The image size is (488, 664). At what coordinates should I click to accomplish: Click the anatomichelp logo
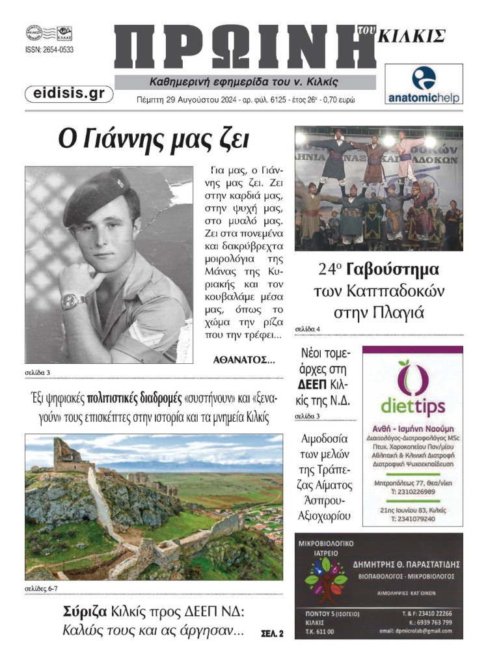(424, 84)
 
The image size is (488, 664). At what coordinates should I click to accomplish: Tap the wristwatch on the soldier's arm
(74, 300)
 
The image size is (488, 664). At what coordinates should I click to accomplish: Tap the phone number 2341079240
(413, 519)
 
